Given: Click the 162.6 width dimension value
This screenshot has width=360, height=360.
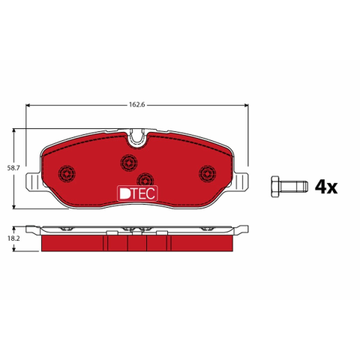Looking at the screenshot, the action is coord(136,105).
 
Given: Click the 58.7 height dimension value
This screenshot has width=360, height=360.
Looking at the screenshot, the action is coord(13,168).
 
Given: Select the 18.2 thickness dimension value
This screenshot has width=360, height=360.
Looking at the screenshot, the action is coord(13,238).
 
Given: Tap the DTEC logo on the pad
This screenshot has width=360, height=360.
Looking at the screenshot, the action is coord(137,193).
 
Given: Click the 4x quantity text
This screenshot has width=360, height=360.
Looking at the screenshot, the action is coord(326,187).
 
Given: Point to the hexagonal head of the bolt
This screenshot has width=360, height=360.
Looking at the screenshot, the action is coord(275,187).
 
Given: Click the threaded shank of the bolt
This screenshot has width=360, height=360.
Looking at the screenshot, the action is coord(294,187).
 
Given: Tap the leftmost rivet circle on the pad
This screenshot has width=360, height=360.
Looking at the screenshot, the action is coord(67,173).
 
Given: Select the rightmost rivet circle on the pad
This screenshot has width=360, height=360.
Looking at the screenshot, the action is coord(208,173).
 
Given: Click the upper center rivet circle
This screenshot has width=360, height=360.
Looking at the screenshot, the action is coord(129,163).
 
